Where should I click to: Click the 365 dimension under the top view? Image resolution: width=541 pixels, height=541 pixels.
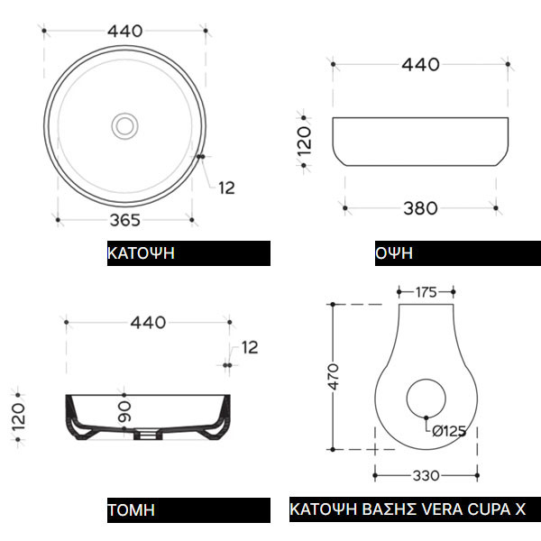tap(125, 220)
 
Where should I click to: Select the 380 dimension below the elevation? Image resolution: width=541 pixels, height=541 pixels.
tap(420, 208)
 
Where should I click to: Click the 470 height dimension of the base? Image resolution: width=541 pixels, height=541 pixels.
tap(334, 376)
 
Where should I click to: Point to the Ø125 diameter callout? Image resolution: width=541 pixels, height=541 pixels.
tap(449, 431)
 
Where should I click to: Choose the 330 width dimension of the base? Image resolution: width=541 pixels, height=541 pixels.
tap(426, 476)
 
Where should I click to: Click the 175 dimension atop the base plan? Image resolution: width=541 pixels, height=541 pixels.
tap(426, 292)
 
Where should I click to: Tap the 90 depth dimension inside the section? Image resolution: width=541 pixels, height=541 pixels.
tap(124, 412)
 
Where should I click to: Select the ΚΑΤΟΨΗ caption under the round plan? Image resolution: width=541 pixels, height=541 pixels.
tap(141, 253)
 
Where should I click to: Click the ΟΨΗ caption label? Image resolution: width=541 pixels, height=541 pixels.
tap(394, 253)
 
